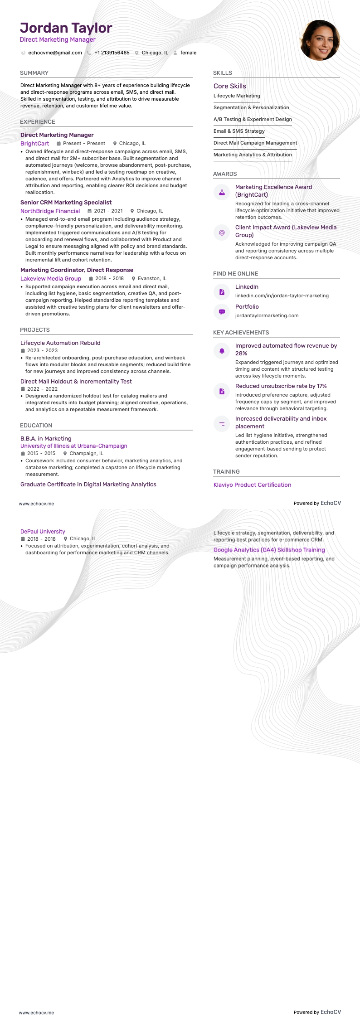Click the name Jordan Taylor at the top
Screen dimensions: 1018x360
click(x=66, y=28)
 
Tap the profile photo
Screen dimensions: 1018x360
click(x=320, y=40)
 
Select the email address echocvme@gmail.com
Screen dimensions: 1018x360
click(x=55, y=53)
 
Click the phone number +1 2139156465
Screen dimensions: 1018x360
click(x=112, y=53)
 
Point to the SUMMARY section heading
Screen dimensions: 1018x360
click(x=34, y=73)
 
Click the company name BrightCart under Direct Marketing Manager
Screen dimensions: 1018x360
click(x=34, y=144)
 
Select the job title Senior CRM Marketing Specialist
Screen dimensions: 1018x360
click(x=66, y=203)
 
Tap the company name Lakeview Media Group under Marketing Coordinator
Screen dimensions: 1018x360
click(x=51, y=279)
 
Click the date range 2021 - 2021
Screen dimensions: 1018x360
click(x=108, y=211)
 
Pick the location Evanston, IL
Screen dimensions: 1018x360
click(x=152, y=279)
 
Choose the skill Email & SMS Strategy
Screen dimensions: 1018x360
click(x=239, y=131)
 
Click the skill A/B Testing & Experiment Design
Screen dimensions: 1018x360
click(x=253, y=119)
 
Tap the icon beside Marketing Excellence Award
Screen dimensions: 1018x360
click(x=222, y=192)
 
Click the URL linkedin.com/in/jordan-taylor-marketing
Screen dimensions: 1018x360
click(x=282, y=296)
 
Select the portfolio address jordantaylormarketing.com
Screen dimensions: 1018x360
click(x=267, y=315)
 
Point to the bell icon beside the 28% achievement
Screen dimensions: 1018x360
click(x=222, y=351)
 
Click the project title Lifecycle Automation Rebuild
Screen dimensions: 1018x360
click(x=60, y=343)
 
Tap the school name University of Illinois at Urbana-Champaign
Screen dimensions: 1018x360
click(x=73, y=446)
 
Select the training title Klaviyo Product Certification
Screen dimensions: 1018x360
click(x=252, y=485)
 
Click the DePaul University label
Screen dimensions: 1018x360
click(x=43, y=532)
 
